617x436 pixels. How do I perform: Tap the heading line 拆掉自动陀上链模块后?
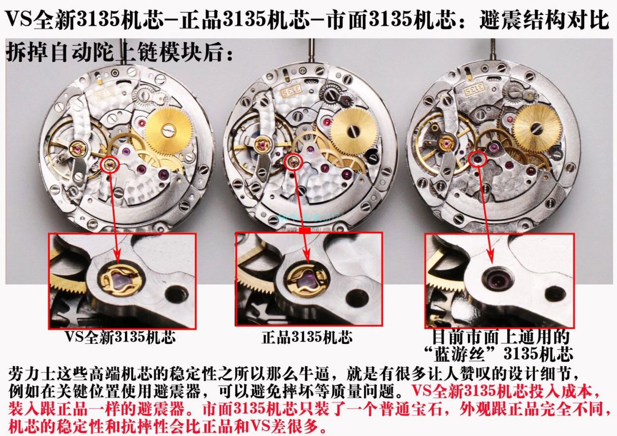pos(118,53)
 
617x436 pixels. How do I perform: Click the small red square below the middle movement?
pos(305,231)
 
